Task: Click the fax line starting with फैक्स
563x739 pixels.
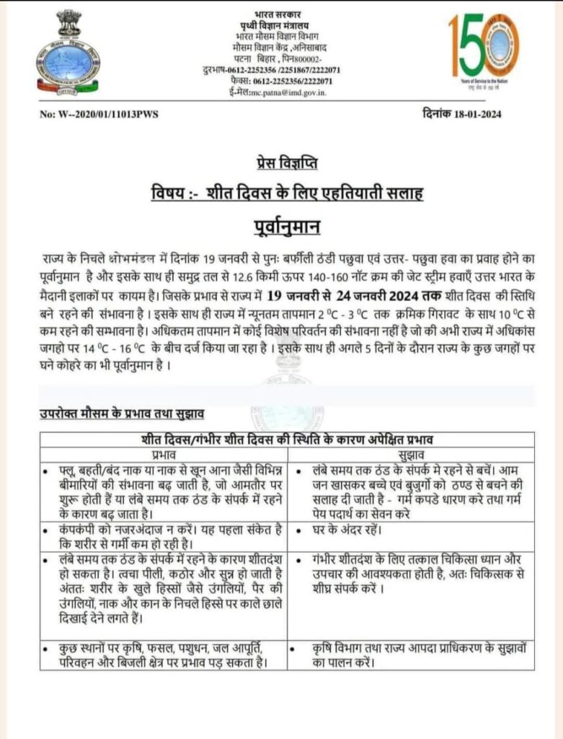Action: tap(281, 82)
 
